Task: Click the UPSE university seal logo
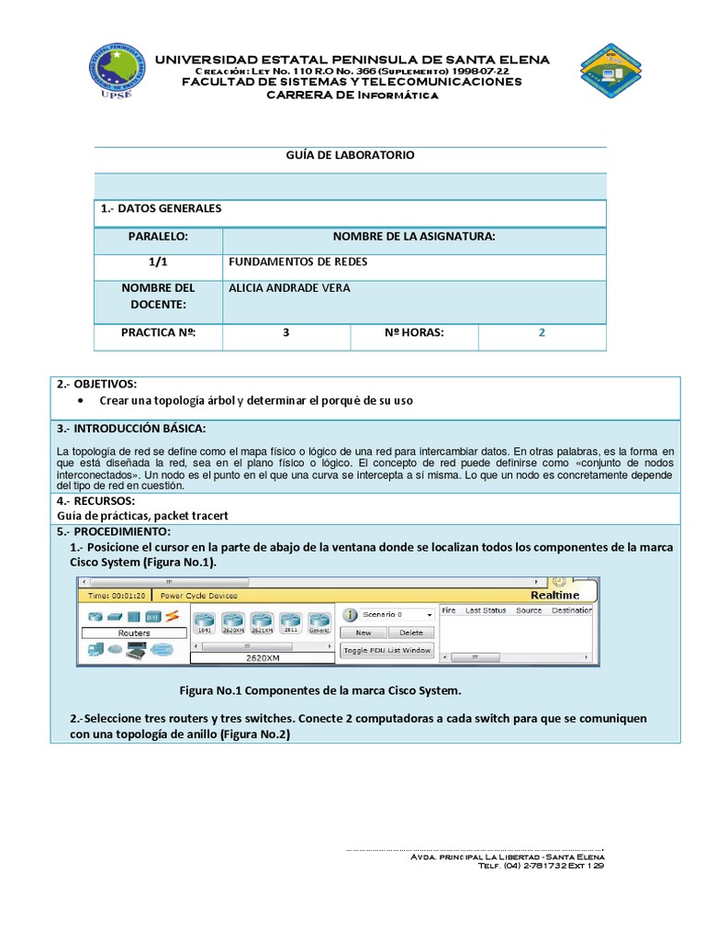point(117,72)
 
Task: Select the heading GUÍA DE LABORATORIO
point(350,155)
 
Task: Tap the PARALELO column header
point(158,237)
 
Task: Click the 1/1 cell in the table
point(158,262)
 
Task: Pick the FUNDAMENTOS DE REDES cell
point(297,262)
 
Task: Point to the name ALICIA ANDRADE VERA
point(289,288)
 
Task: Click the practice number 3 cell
point(286,332)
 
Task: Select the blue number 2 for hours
point(542,332)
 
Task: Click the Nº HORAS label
point(414,332)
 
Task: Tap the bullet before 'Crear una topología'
point(82,402)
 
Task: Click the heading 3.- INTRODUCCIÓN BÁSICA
point(131,429)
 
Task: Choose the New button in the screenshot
point(363,632)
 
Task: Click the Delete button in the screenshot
point(411,632)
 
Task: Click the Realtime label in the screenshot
point(554,595)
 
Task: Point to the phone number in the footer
point(547,865)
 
